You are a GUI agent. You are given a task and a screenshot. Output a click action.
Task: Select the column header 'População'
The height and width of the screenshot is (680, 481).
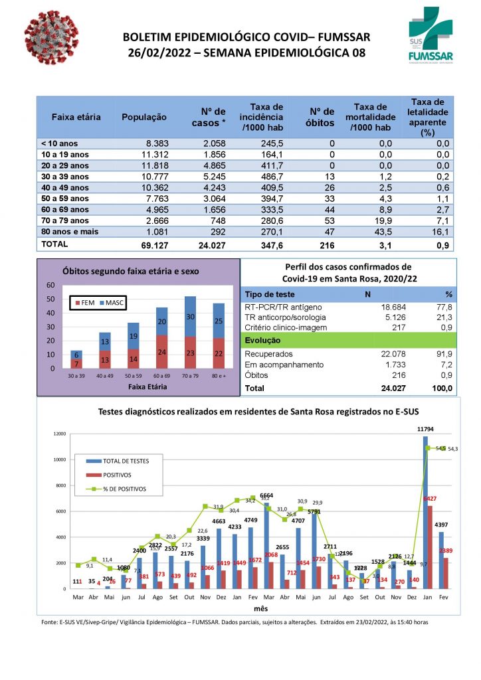coord(144,117)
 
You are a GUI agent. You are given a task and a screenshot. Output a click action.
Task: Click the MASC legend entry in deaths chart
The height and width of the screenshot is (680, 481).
coord(113,303)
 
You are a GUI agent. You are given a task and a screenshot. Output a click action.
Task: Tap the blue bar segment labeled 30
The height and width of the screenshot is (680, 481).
coord(191,317)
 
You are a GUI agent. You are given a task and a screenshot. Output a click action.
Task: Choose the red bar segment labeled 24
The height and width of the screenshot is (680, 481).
coord(162,352)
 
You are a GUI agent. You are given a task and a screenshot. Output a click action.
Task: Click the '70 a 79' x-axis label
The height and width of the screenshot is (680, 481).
coord(191,376)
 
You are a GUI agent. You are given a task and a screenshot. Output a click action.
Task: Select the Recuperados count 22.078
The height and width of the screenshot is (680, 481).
coord(381,354)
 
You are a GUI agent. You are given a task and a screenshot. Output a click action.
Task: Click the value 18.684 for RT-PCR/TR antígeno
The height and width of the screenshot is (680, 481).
coord(381,307)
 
